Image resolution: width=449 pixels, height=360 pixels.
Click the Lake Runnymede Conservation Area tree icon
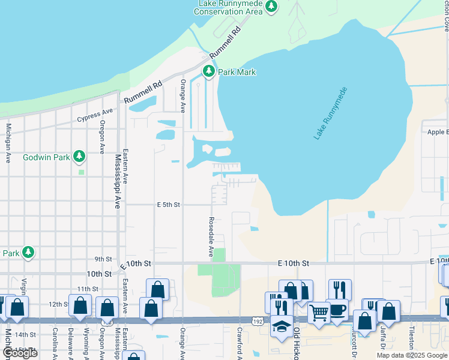point(272,6)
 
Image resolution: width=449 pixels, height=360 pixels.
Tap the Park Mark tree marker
point(208,71)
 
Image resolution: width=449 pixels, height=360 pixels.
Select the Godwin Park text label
point(46,157)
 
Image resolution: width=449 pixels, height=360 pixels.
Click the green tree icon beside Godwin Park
point(79,157)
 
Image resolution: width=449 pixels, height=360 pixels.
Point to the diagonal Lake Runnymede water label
point(331,113)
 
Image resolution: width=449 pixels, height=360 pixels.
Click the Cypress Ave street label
point(95,115)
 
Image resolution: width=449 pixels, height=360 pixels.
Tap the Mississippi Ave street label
point(117,181)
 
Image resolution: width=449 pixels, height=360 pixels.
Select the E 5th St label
point(169,205)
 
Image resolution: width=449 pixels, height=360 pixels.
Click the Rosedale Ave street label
point(211,237)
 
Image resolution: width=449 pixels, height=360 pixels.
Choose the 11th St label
point(87,289)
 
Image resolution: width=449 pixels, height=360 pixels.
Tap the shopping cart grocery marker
point(318,311)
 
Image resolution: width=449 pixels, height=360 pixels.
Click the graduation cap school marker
point(282,326)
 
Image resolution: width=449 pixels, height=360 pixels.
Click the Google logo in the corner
point(20,353)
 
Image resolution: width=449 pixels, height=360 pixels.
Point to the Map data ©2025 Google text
point(412,355)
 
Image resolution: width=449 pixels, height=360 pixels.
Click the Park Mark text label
point(237,72)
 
